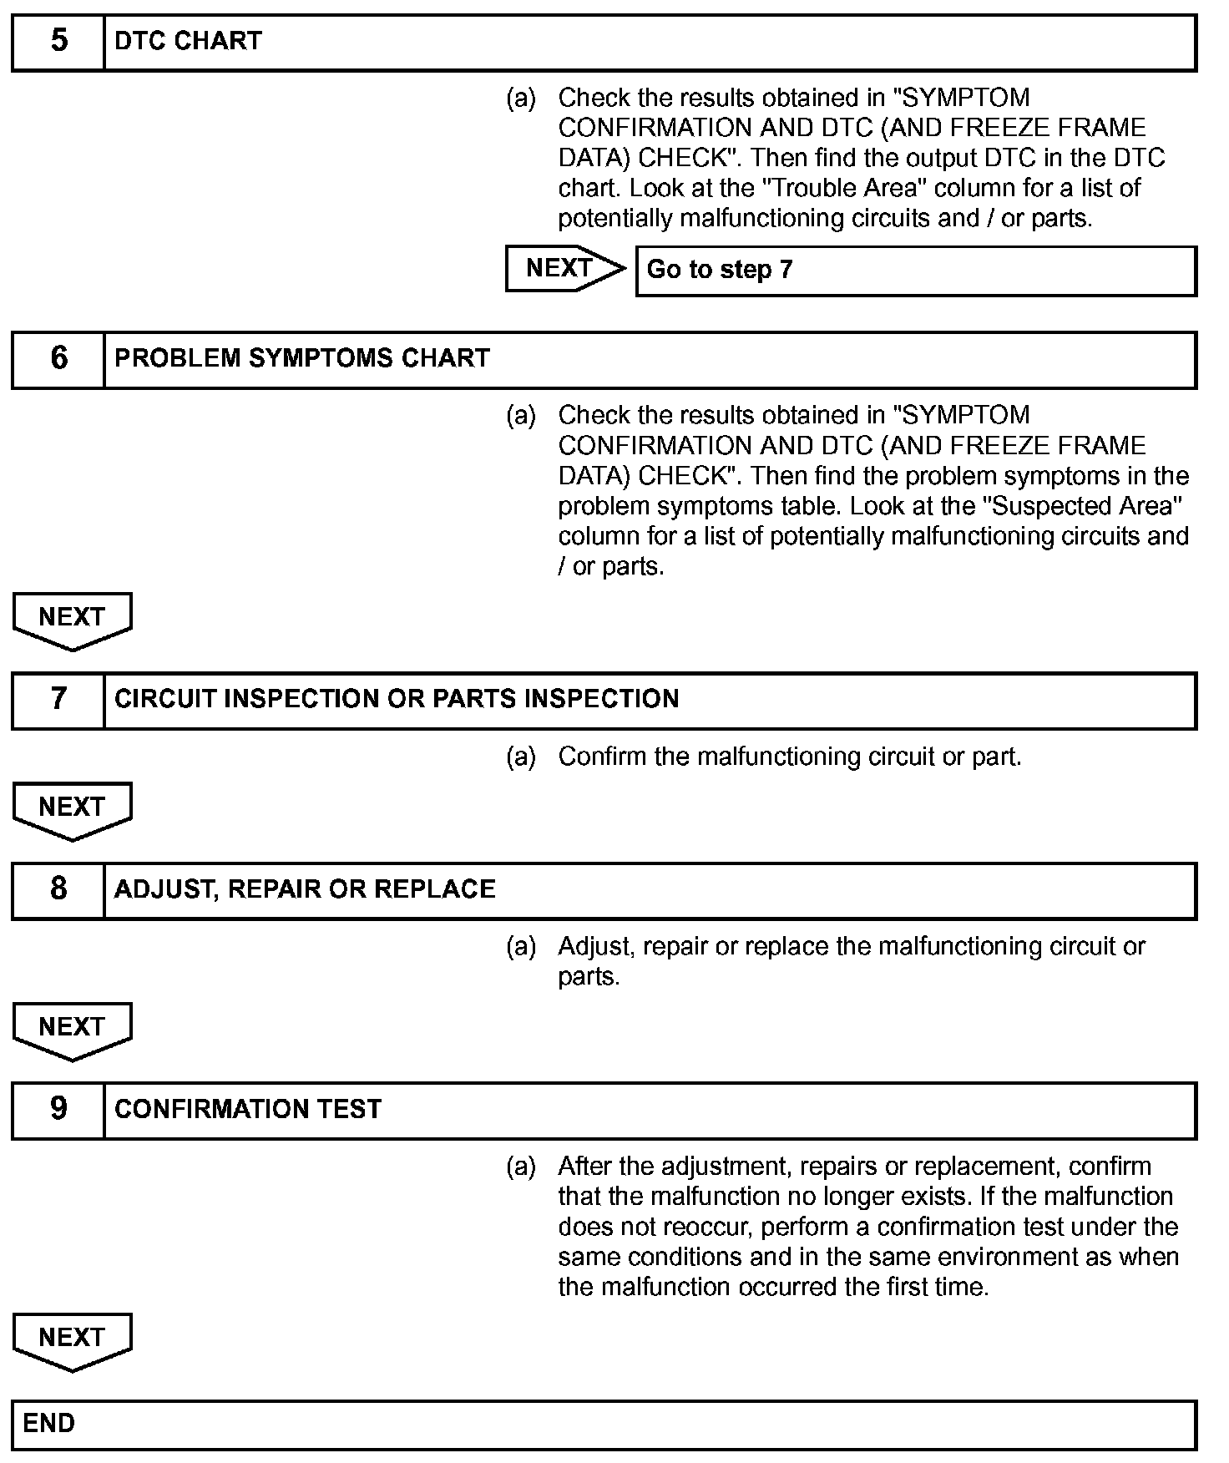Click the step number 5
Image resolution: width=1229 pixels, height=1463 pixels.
click(58, 40)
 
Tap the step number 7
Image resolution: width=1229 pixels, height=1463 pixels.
click(58, 698)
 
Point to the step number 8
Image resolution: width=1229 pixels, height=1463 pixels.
click(58, 888)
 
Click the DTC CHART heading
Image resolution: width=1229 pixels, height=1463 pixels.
click(188, 41)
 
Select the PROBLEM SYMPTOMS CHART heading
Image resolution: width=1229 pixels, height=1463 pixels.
click(301, 358)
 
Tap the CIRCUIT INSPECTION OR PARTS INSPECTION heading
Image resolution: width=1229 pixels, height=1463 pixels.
click(397, 699)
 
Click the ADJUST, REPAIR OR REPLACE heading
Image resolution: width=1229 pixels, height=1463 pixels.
click(305, 889)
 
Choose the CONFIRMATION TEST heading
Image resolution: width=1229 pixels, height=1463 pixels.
click(248, 1109)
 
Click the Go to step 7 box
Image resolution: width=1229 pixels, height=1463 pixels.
click(915, 270)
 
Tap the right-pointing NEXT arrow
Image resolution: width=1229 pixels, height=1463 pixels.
click(564, 268)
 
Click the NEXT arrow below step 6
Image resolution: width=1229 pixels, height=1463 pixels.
click(72, 620)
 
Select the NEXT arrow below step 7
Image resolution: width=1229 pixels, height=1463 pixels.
click(72, 810)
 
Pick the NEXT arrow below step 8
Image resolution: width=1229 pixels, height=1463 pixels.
click(72, 1030)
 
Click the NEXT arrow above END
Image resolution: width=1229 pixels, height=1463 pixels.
click(72, 1340)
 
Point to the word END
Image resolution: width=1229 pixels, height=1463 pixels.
click(48, 1423)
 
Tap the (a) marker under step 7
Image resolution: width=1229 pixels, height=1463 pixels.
click(521, 757)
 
